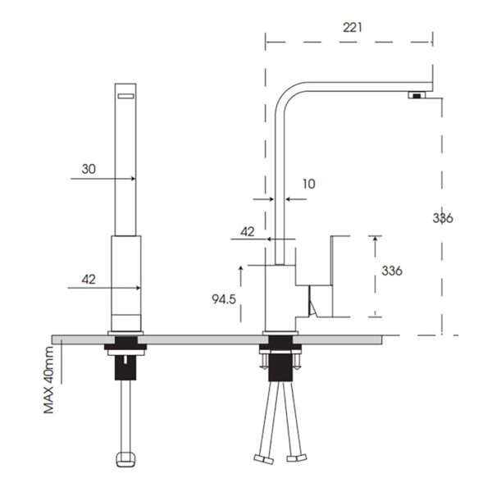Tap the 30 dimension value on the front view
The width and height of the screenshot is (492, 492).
click(89, 169)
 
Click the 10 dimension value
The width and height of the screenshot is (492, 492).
click(308, 184)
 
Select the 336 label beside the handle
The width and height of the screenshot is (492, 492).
click(392, 271)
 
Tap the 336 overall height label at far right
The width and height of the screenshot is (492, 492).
click(443, 217)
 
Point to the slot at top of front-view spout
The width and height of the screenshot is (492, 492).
click(126, 97)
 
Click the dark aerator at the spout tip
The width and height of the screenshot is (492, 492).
click(417, 97)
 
